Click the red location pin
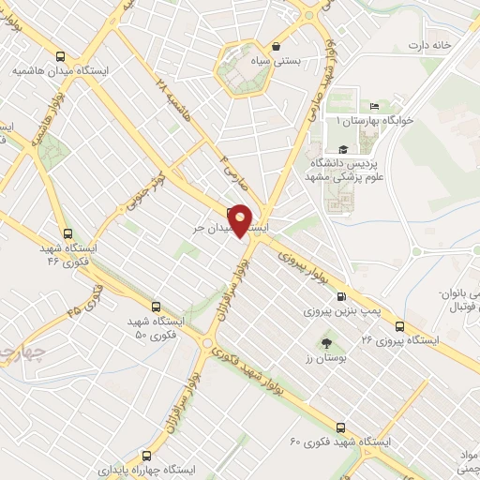[x=241, y=220]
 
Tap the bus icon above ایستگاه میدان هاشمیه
[x=61, y=56]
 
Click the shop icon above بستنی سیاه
[x=276, y=45]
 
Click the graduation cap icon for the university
[x=342, y=149]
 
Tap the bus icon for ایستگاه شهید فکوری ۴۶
[x=67, y=233]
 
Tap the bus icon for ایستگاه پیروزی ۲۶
[x=400, y=325]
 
